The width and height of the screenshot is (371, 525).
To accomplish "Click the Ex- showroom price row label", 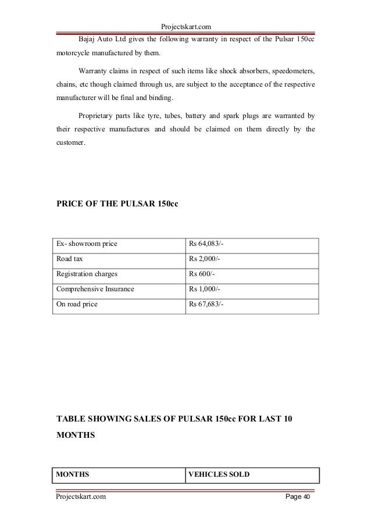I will [87, 244].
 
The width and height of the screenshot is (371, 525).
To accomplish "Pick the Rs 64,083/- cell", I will [208, 244].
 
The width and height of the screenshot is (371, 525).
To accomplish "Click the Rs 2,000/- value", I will [206, 259].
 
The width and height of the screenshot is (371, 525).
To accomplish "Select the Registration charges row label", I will [86, 274].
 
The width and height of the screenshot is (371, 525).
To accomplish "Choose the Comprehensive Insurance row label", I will [95, 289].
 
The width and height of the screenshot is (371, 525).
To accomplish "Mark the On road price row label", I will [77, 304].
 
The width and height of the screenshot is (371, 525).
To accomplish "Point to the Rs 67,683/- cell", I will [208, 304].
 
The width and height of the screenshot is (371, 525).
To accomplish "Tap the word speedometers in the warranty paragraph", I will [292, 72].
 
